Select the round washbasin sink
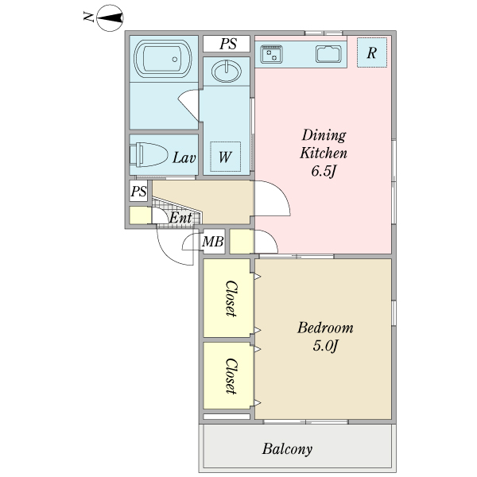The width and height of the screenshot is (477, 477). click(x=227, y=72)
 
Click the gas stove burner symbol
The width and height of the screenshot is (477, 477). click(x=271, y=54)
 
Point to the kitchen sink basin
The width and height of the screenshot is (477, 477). click(x=328, y=54)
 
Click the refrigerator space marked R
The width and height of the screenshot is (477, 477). click(x=371, y=52)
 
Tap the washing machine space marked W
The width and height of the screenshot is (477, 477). click(x=225, y=157)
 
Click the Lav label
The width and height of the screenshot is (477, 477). click(x=184, y=157)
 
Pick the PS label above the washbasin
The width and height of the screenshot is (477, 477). click(x=228, y=44)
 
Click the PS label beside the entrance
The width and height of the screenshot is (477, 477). click(x=138, y=192)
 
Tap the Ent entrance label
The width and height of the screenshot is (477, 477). click(x=180, y=217)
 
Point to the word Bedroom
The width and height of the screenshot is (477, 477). click(x=324, y=328)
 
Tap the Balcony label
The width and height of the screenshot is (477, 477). click(x=287, y=449)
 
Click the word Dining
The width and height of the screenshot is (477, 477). click(x=324, y=134)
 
